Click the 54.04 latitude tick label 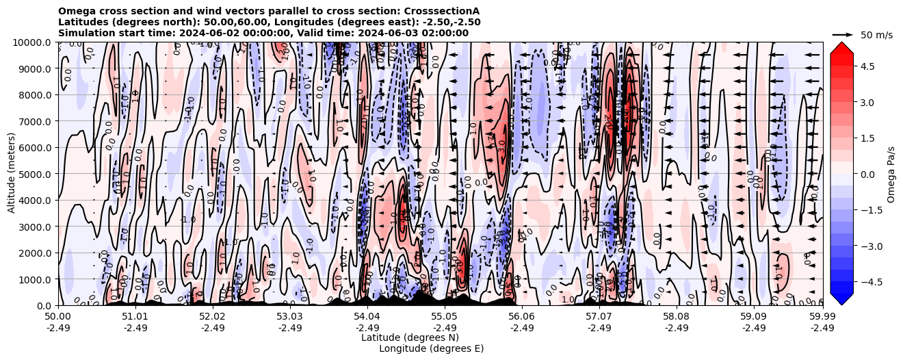tap(367, 317)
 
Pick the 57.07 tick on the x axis tap(599, 317)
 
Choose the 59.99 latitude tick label tap(822, 317)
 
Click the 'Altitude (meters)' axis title tap(12, 174)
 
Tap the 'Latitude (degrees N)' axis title tap(410, 337)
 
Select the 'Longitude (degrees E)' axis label tap(431, 348)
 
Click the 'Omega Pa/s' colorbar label tap(891, 174)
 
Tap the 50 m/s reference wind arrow tap(842, 34)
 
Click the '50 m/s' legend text tap(876, 35)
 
